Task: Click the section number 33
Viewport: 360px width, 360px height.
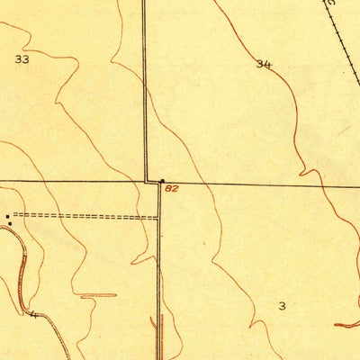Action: (x=22, y=59)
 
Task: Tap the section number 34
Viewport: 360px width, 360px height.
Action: (x=263, y=64)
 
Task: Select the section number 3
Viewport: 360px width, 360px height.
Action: (x=282, y=306)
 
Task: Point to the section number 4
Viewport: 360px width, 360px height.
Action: (x=34, y=314)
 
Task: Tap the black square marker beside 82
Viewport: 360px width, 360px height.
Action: (x=162, y=181)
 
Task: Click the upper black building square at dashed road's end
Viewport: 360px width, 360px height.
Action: (x=8, y=215)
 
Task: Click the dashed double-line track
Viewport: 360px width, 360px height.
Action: (x=85, y=216)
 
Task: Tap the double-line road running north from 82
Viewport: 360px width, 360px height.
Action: (x=145, y=90)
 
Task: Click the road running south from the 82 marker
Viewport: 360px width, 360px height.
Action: (x=159, y=270)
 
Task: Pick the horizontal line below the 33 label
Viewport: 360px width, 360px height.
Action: (x=72, y=180)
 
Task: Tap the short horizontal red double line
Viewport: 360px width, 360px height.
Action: (x=98, y=295)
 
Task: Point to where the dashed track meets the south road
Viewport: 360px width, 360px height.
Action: (x=158, y=217)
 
